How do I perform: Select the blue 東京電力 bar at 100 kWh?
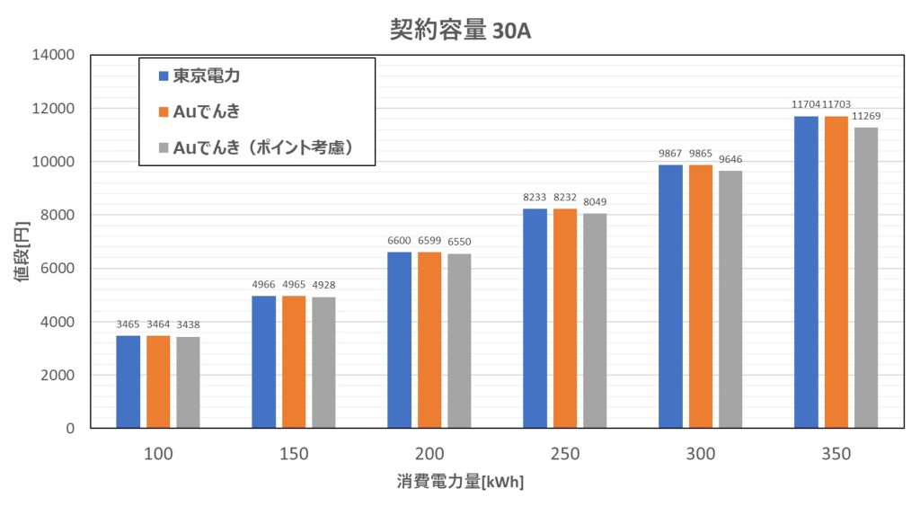(x=128, y=381)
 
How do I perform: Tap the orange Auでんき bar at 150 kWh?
(x=294, y=361)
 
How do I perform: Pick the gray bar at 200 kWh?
(x=459, y=341)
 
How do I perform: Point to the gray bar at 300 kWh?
(x=730, y=299)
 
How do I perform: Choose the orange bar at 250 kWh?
(x=565, y=318)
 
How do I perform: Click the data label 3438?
(x=189, y=324)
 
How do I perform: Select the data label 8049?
(x=595, y=202)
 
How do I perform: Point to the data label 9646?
(x=730, y=159)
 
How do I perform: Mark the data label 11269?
(x=866, y=116)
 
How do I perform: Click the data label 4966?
(x=264, y=284)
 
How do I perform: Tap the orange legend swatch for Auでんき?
(x=164, y=112)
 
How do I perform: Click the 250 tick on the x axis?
(x=565, y=454)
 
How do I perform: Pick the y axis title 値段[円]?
(x=22, y=242)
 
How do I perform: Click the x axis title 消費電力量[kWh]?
(x=460, y=483)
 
